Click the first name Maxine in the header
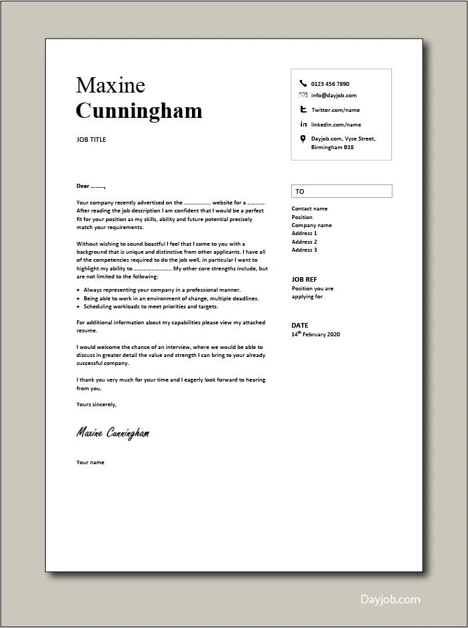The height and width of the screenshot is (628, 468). (110, 85)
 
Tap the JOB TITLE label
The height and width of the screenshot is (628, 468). (91, 140)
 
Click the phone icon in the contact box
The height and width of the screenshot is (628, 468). (303, 84)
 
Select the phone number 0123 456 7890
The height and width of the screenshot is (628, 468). (330, 84)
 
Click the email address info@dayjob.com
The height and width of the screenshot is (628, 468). (333, 95)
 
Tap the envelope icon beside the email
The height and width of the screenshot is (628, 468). (303, 95)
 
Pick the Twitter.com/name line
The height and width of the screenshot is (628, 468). (335, 110)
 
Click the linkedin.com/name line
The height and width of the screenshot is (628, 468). (335, 125)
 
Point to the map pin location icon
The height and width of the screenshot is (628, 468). (303, 139)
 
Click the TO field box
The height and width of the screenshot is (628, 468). (341, 191)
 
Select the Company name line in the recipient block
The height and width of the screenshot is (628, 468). (311, 225)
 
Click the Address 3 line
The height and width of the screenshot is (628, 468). (304, 250)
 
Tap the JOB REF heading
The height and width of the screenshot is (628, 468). (305, 280)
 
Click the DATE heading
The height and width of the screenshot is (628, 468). (299, 325)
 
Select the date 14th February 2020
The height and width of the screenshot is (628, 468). (315, 334)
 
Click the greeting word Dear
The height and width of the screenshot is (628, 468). (83, 186)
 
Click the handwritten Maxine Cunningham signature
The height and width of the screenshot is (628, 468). (113, 434)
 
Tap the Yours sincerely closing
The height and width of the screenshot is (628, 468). (97, 404)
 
